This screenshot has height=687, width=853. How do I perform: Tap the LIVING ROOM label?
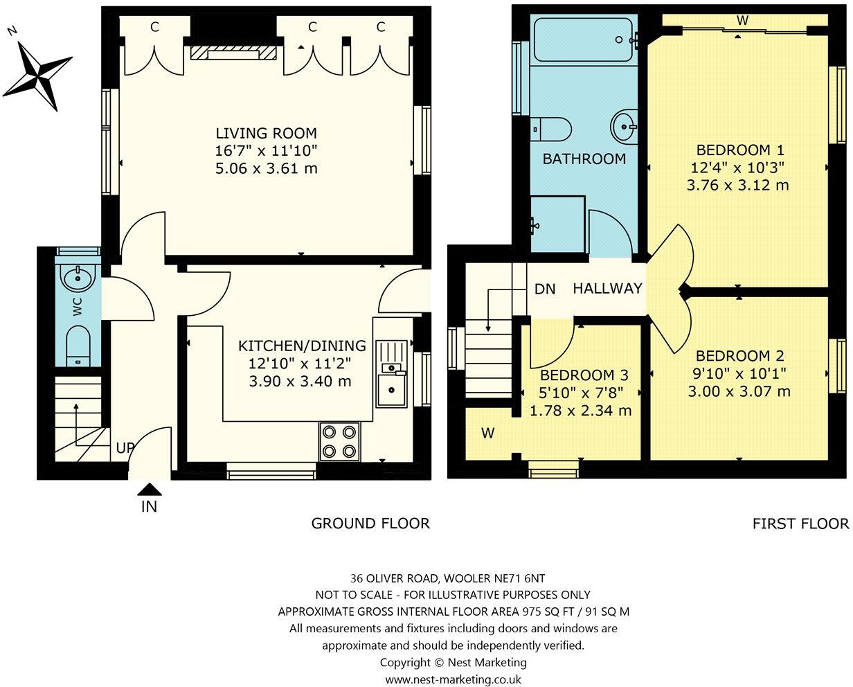click(x=266, y=133)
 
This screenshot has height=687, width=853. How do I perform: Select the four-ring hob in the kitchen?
click(x=339, y=441)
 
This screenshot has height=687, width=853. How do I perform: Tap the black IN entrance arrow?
click(x=149, y=489)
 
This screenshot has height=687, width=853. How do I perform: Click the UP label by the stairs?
click(x=125, y=448)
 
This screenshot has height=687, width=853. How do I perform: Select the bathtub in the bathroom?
click(x=584, y=40)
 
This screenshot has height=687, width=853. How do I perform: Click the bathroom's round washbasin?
click(x=625, y=127)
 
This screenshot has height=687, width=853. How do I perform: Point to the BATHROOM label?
click(x=584, y=159)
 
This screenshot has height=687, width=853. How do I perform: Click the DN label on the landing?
click(x=545, y=289)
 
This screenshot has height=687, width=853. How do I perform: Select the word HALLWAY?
click(x=607, y=289)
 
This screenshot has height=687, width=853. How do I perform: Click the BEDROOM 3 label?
click(x=584, y=375)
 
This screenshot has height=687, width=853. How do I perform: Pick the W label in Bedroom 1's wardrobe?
click(x=742, y=21)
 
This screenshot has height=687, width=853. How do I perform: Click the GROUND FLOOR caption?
click(x=370, y=524)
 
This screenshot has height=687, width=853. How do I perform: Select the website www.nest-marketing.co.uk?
click(x=454, y=680)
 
